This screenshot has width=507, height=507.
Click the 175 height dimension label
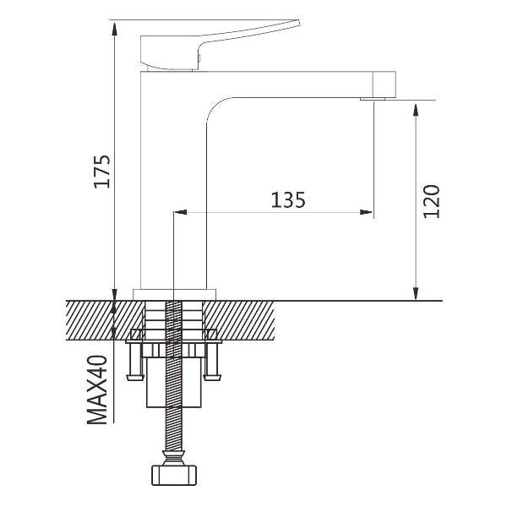(x=102, y=172)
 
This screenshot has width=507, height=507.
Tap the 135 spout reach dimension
(x=288, y=200)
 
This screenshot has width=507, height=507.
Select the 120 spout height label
(x=432, y=201)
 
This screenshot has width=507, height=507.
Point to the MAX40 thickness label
(x=97, y=390)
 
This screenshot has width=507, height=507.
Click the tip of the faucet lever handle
(x=299, y=22)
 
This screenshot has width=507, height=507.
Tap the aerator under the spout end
(x=373, y=99)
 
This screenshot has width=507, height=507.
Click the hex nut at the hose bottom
(x=174, y=475)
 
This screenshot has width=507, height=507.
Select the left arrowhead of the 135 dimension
(x=181, y=212)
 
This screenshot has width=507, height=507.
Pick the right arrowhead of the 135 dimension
(x=367, y=212)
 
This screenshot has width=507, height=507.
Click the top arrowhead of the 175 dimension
(x=114, y=29)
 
